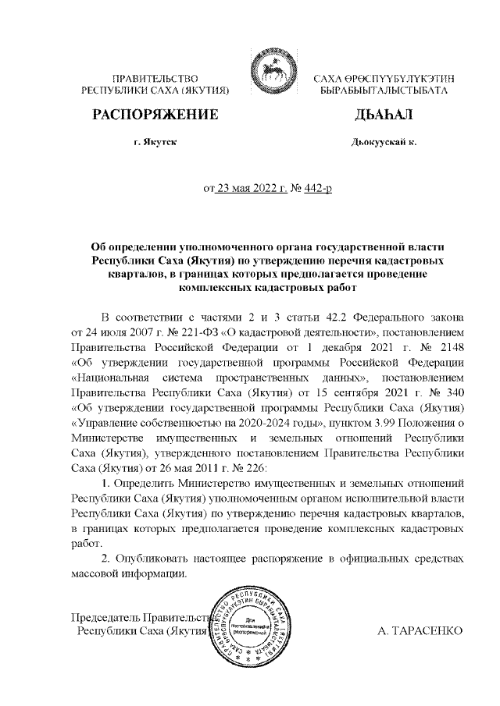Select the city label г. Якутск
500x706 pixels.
pos(155,144)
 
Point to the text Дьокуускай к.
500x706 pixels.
pos(384,144)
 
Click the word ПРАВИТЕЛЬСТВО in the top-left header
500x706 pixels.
pos(155,78)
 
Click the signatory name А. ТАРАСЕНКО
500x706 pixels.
pos(420,630)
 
